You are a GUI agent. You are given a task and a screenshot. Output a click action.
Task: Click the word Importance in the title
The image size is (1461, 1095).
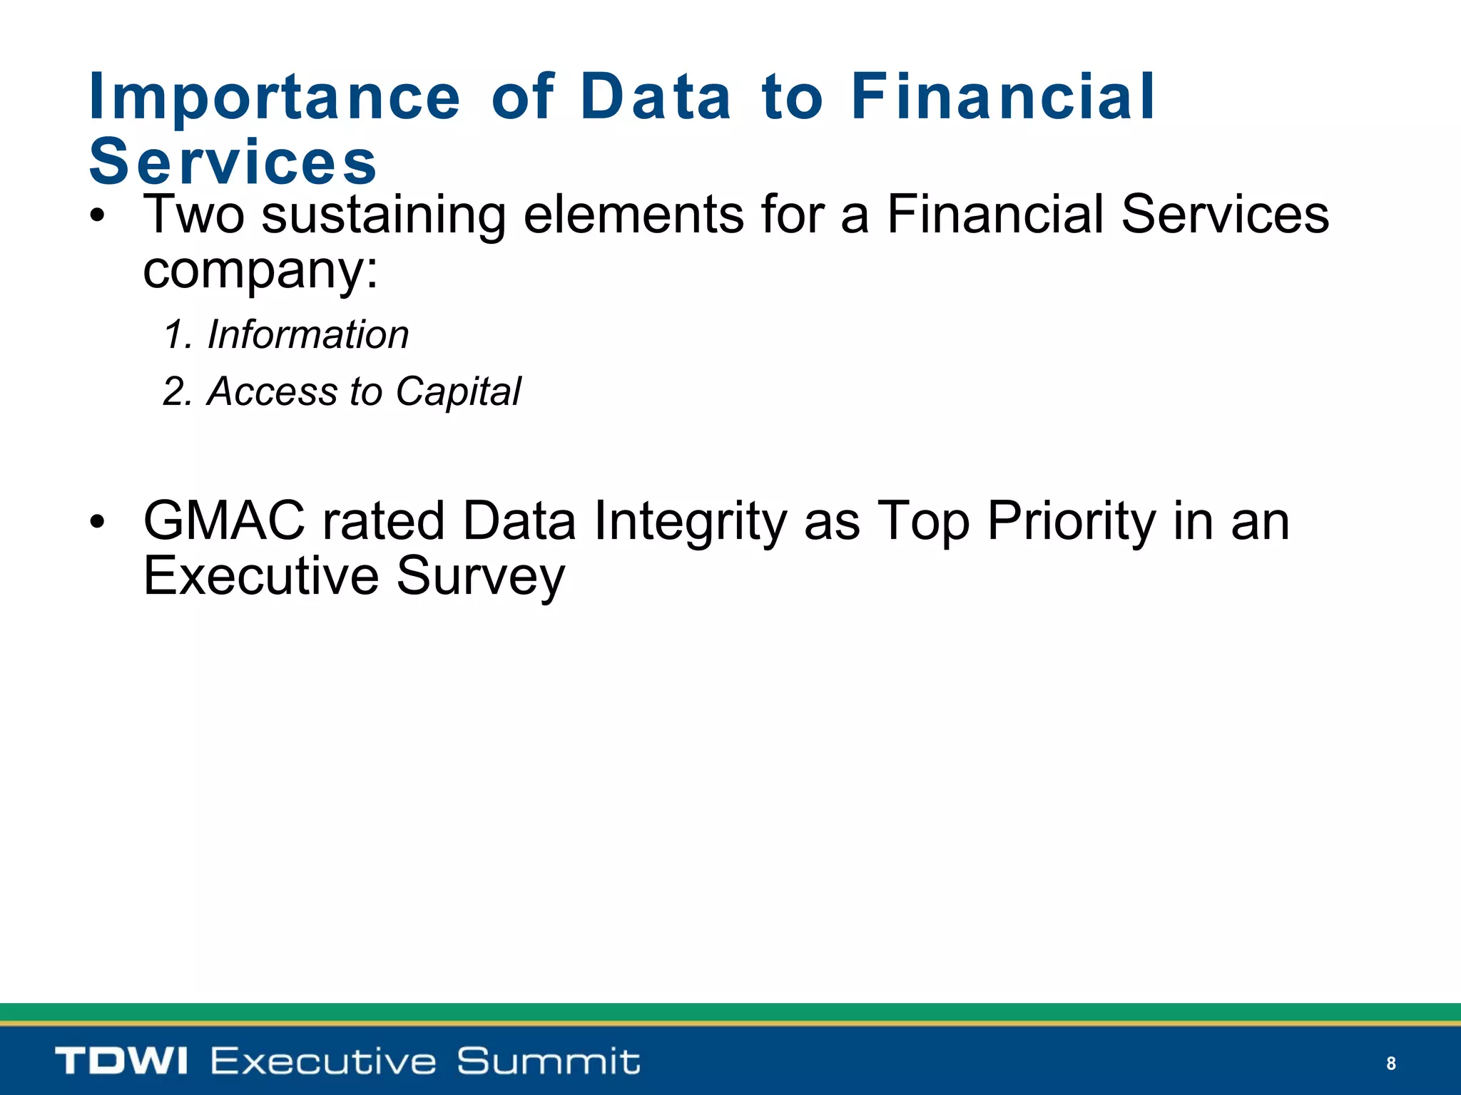(x=275, y=98)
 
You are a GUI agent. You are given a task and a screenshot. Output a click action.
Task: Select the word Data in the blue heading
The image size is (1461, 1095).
(x=656, y=97)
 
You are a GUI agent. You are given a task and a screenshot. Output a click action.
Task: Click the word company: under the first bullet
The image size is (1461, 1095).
(x=260, y=271)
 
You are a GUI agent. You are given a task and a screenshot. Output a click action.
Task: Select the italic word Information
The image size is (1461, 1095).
(x=307, y=334)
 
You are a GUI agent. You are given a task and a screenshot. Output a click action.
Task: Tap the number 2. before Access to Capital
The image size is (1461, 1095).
(x=177, y=391)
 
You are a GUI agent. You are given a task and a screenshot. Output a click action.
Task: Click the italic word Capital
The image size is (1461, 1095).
(x=458, y=392)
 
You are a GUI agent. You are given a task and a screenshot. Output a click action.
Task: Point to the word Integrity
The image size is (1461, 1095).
(x=690, y=522)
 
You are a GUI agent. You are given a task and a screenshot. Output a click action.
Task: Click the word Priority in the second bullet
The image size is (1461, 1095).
(x=1071, y=522)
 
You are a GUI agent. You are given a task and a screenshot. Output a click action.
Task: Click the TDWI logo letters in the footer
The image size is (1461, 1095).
(x=121, y=1061)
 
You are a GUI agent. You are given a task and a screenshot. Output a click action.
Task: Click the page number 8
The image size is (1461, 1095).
(x=1390, y=1064)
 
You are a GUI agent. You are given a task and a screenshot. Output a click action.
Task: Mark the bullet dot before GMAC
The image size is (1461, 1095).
(x=98, y=523)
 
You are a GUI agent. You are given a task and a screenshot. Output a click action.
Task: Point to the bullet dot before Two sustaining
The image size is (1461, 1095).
(x=98, y=217)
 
